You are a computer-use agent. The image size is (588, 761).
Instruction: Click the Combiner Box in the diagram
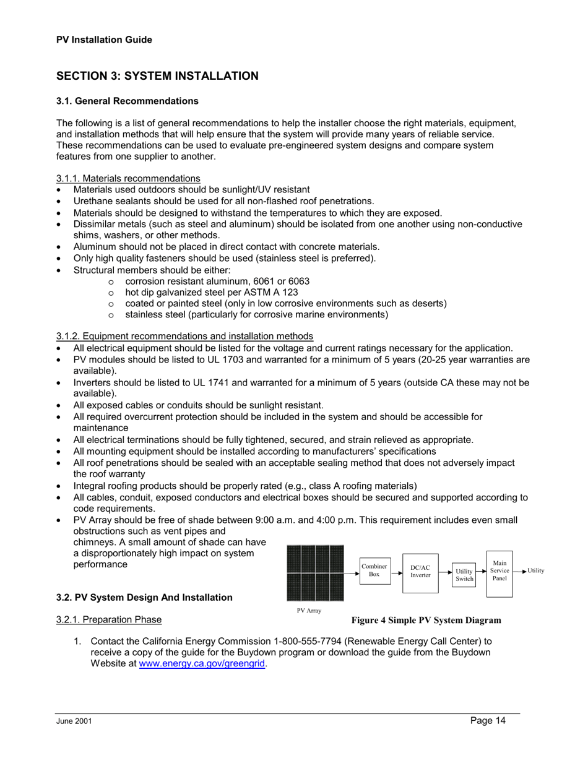[374, 570]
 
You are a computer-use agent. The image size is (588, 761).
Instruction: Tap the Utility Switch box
[464, 575]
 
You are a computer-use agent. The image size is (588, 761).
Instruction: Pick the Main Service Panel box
[499, 570]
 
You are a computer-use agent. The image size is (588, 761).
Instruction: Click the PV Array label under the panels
[309, 611]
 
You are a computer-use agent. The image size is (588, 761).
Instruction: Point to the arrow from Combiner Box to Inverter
[396, 573]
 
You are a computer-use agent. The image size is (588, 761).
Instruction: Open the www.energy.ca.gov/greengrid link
[206, 664]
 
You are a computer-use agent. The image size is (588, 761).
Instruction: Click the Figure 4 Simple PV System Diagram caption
[426, 620]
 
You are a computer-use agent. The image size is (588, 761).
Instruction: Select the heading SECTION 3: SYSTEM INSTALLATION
[157, 76]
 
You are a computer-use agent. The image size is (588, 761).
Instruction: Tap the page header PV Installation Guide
[104, 40]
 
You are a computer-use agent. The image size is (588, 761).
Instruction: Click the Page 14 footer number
[487, 720]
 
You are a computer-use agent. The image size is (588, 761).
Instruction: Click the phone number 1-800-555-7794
[311, 642]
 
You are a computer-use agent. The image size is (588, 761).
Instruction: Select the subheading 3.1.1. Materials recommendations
[128, 179]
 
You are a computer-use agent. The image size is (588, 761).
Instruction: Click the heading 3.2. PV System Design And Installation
[144, 597]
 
